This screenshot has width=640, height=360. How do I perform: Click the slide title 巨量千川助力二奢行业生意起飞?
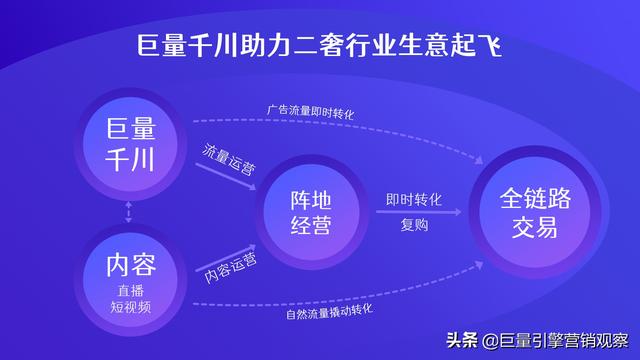320,46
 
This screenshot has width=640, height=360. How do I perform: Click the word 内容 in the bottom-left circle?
131,264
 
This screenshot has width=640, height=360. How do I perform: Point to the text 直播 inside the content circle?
131,290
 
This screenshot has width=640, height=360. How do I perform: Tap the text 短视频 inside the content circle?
131,307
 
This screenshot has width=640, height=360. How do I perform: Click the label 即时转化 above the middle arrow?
414,198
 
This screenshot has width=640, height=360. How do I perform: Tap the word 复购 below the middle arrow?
414,226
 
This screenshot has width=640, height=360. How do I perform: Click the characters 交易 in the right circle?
535,227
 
